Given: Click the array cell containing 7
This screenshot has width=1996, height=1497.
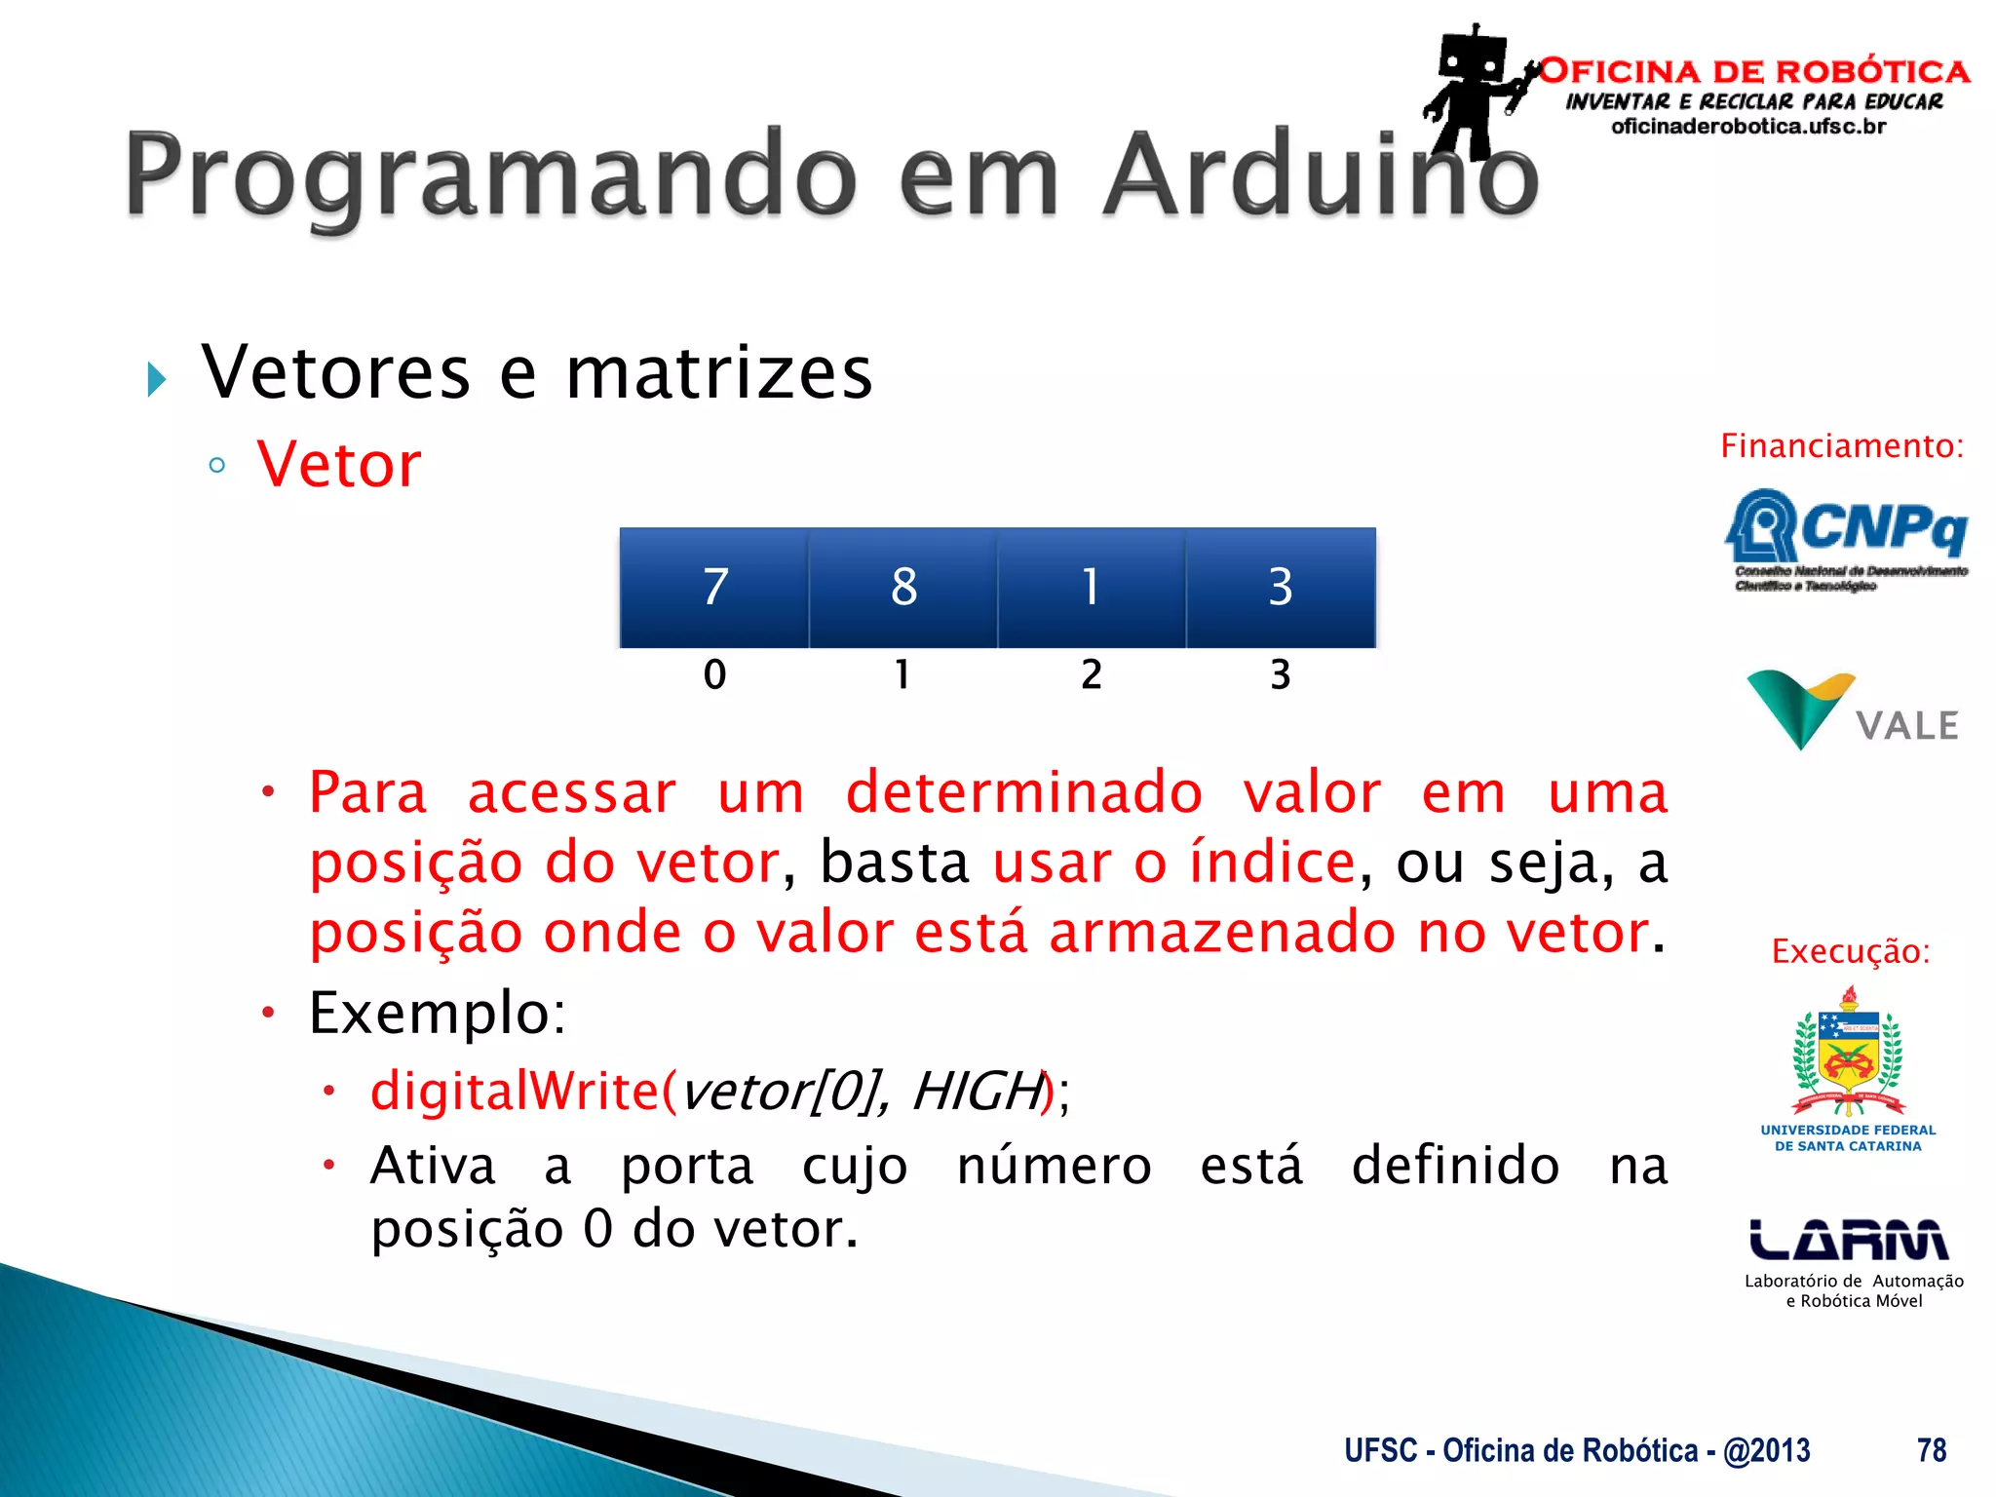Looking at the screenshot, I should pos(714,588).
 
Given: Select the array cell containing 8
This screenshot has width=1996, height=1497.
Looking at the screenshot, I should pos(903,588).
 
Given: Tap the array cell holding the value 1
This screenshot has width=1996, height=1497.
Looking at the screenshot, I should pos(1092,588).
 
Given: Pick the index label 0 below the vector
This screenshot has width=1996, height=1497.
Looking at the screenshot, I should pos(714,674).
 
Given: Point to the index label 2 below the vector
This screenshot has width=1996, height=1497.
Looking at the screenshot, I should pos(1092,674).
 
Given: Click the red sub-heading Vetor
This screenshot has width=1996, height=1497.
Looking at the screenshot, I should pos(339,465).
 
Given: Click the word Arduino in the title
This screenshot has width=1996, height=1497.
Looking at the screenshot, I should pos(1321,175).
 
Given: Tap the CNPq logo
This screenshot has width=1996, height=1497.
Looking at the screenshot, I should pos(1845,539).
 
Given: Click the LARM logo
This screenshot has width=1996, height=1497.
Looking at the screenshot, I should pos(1849,1241).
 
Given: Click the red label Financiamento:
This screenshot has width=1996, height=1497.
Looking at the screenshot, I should pos(1841,446).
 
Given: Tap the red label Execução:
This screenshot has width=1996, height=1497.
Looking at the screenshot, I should pos(1850,951).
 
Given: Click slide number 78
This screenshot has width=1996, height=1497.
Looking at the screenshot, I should pos(1931,1450).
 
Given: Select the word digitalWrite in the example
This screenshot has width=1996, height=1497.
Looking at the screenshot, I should pos(515,1091).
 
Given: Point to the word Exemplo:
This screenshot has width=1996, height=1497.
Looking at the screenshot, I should pos(437,1013).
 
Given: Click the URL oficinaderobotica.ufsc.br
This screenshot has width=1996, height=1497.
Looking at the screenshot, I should pos(1748,127).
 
